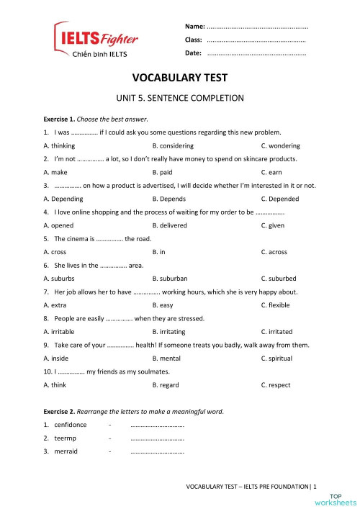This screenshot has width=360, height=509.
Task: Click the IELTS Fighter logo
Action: (x=96, y=41)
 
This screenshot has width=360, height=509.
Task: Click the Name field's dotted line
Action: (x=258, y=26)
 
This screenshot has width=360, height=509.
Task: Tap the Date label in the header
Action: (x=193, y=53)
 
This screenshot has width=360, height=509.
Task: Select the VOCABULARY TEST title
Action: (x=180, y=78)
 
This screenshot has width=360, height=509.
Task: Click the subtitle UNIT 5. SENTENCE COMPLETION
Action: (x=180, y=98)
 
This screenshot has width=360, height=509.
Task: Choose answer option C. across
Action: (x=274, y=252)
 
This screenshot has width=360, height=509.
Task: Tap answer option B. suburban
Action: (x=170, y=278)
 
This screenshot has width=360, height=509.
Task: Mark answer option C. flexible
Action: (x=276, y=305)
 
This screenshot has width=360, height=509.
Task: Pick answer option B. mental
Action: (x=166, y=358)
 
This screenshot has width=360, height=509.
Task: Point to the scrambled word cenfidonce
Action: (x=70, y=425)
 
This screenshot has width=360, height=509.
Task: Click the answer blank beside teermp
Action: (x=158, y=438)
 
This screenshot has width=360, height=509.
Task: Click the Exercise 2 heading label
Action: (x=60, y=411)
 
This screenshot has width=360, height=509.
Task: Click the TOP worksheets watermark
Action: (x=343, y=499)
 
